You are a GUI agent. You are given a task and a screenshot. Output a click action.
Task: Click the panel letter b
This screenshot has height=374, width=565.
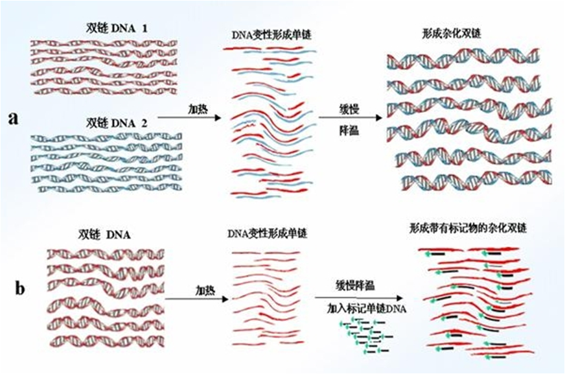[19, 288]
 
